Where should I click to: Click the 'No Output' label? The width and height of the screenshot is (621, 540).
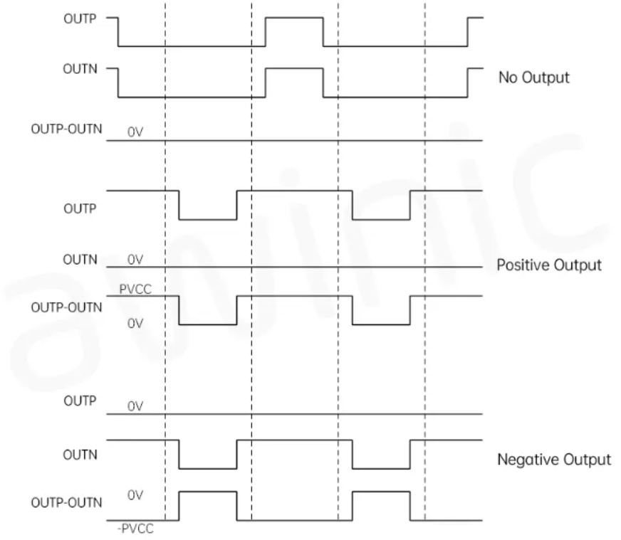click(533, 78)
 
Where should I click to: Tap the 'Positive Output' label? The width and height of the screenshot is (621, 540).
click(548, 265)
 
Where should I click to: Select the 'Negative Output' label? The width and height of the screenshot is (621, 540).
click(553, 460)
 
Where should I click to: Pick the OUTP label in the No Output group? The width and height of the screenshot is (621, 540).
click(84, 18)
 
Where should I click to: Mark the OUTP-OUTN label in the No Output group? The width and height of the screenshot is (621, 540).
click(67, 130)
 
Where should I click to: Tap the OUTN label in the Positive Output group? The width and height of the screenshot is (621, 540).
click(84, 260)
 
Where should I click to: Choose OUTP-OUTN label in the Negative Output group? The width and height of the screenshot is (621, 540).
click(67, 502)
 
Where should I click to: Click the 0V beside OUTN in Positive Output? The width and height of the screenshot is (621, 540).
click(135, 260)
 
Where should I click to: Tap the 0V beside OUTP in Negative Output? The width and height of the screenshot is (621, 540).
click(135, 407)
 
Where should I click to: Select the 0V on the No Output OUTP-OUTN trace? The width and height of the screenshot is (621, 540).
click(135, 132)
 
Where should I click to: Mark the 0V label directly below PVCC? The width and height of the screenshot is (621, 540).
click(135, 324)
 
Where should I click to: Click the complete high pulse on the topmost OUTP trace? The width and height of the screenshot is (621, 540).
click(293, 18)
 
